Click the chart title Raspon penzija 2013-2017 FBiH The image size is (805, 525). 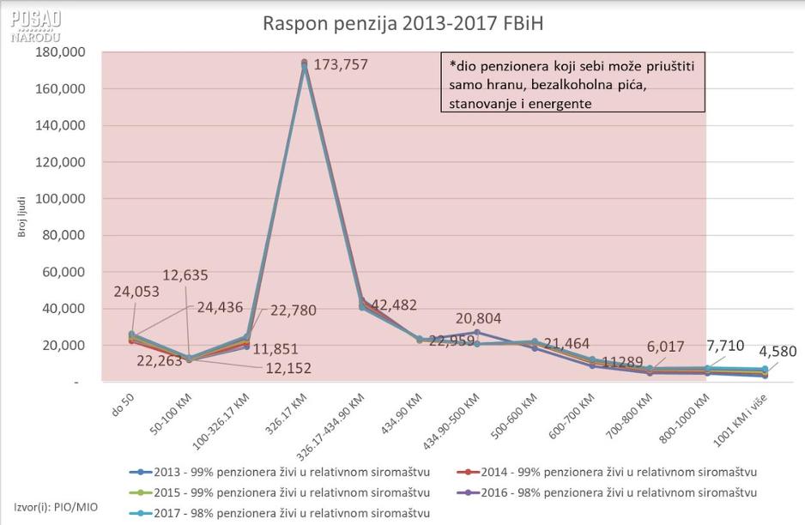[x=402, y=22]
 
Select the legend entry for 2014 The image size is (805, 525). [x=613, y=472]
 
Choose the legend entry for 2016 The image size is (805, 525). [x=613, y=492]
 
